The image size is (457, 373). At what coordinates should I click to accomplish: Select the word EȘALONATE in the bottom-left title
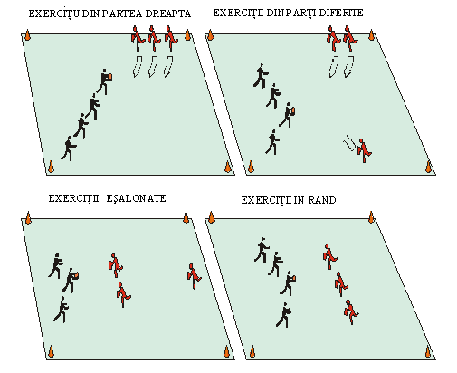[x=136, y=198]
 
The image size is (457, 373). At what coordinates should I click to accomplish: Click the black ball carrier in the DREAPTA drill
[x=105, y=81]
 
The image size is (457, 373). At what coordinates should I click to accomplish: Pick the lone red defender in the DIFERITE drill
[x=364, y=150]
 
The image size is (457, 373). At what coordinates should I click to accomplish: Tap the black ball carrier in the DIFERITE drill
[x=288, y=115]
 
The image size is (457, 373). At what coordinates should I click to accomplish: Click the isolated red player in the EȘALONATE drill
[x=194, y=276]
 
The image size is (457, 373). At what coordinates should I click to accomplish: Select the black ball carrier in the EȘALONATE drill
[x=71, y=280]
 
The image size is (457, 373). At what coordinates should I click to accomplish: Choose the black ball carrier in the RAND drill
[x=288, y=283]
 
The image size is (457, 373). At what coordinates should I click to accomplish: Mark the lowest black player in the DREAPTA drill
[x=69, y=148]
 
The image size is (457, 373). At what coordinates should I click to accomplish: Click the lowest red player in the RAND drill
[x=351, y=311]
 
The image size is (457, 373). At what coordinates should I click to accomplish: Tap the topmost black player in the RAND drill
[x=262, y=250]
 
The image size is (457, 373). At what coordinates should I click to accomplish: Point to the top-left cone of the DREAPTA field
[x=27, y=34]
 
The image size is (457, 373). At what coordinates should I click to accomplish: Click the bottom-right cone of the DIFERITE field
[x=428, y=167]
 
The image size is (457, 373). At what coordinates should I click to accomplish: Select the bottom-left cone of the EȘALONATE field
[x=51, y=351]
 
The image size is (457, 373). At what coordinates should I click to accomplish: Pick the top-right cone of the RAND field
[x=371, y=217]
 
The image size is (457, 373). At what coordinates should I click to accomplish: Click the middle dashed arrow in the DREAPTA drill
[x=153, y=66]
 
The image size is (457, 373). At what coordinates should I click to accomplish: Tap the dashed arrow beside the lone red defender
[x=349, y=143]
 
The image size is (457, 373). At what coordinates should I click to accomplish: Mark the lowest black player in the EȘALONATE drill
[x=62, y=310]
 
